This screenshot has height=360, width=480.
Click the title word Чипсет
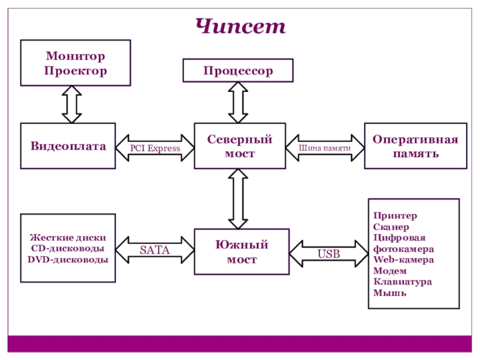tap(241, 26)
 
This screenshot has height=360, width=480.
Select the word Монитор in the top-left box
tap(76, 56)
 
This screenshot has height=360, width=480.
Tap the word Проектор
tap(76, 71)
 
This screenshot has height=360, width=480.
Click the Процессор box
tap(238, 70)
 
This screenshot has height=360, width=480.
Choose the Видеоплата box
tap(68, 146)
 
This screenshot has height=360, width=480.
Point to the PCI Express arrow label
tap(155, 148)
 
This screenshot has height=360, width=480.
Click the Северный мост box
tap(240, 146)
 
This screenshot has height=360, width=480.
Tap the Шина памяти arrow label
tap(325, 148)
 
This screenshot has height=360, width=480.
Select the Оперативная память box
tap(416, 146)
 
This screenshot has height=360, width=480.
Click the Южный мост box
tap(242, 251)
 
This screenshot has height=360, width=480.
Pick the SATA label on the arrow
tap(155, 250)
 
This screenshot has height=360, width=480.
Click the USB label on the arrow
tap(329, 254)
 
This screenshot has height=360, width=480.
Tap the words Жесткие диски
tap(68, 238)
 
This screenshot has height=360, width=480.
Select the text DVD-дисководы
tap(68, 260)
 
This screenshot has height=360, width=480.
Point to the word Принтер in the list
tap(395, 216)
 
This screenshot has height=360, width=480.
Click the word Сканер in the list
tap(391, 227)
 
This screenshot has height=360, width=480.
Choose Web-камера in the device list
tap(403, 260)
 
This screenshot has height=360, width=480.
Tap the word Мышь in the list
tap(389, 293)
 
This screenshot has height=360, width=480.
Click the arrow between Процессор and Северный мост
tap(238, 103)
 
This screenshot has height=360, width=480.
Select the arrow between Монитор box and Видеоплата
tap(71, 104)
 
